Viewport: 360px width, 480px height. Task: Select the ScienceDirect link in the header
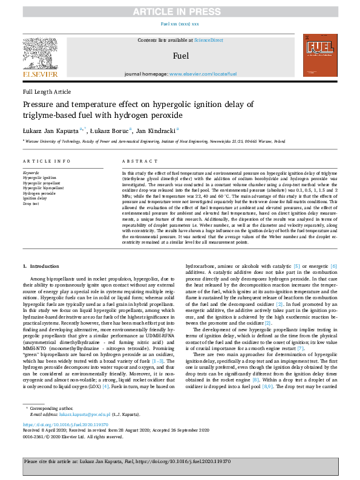coord(208,40)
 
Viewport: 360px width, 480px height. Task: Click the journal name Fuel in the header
coord(180,56)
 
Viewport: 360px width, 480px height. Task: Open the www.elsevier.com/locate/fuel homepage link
coord(203,74)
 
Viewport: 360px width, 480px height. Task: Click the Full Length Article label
coord(47,91)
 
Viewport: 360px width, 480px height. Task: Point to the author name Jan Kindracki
coord(155,129)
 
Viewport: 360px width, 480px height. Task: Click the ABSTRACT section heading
coord(136,161)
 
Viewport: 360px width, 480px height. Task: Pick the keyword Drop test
coord(32,204)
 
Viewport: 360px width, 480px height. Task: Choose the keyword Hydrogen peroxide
coord(41,193)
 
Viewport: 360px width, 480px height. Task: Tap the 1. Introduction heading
coord(42,266)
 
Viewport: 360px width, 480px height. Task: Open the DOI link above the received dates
coord(61,425)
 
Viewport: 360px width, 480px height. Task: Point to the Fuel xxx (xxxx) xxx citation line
coord(180,24)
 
